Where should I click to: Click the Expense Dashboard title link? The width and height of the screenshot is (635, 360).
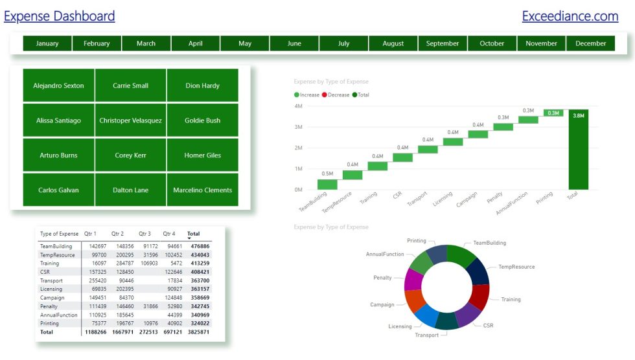(59, 16)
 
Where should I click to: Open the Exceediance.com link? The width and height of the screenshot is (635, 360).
(570, 16)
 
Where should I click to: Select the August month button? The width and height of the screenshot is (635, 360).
(393, 43)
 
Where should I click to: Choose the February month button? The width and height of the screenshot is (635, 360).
(97, 43)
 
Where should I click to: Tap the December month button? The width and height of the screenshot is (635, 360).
(591, 43)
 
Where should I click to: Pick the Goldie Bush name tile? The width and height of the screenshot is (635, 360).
(202, 120)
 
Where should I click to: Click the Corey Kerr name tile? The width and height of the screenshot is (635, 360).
(131, 155)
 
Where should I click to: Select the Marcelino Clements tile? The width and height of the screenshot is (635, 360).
(202, 190)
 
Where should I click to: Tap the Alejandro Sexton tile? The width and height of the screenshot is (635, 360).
(58, 85)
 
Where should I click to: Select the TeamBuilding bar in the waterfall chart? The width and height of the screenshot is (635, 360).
(327, 185)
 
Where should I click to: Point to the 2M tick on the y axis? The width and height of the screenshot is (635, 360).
(299, 148)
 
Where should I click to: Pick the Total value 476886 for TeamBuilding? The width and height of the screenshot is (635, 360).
(200, 247)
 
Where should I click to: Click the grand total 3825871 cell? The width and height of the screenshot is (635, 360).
(198, 332)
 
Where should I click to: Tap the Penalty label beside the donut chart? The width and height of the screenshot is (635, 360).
(382, 278)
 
